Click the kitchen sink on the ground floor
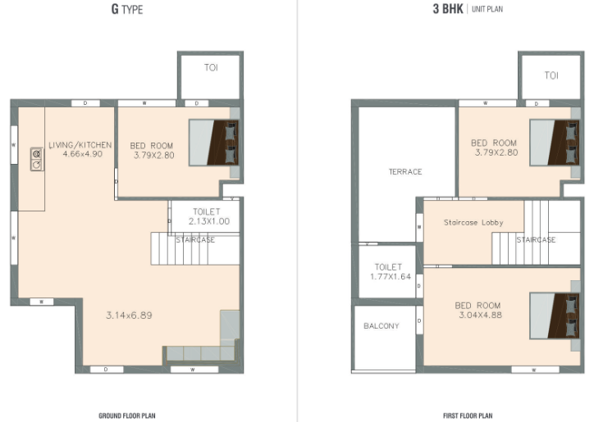pyautogui.click(x=37, y=159)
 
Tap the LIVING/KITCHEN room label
pyautogui.click(x=80, y=145)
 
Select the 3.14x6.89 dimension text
pyautogui.click(x=129, y=315)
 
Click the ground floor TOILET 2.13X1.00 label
pyautogui.click(x=208, y=216)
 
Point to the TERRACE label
pyautogui.click(x=405, y=172)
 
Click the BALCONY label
pyautogui.click(x=382, y=326)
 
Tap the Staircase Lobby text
pyautogui.click(x=473, y=223)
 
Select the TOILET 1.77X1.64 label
pyautogui.click(x=391, y=272)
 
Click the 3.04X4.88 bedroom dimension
pyautogui.click(x=480, y=315)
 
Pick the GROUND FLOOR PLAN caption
pyautogui.click(x=127, y=415)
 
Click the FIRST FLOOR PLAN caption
pyautogui.click(x=468, y=415)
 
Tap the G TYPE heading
pyautogui.click(x=127, y=9)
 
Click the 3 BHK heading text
pyautogui.click(x=448, y=9)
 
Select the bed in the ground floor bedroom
pyautogui.click(x=213, y=143)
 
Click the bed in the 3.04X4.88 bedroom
pyautogui.click(x=555, y=315)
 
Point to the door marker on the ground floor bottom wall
pyautogui.click(x=107, y=370)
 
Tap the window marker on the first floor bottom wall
pyautogui.click(x=535, y=370)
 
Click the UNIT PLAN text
pyautogui.click(x=487, y=9)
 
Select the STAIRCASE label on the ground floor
pyautogui.click(x=195, y=240)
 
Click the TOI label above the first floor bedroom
pyautogui.click(x=551, y=75)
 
